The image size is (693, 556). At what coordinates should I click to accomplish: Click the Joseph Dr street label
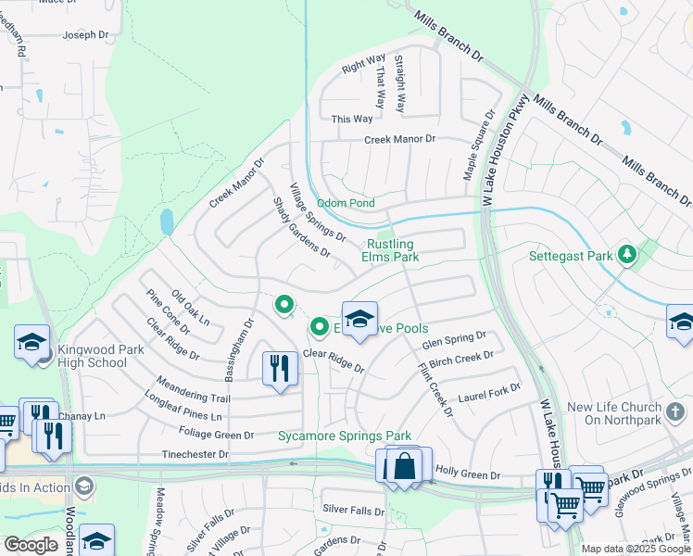pyautogui.click(x=86, y=36)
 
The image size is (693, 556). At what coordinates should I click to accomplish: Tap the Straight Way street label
pyautogui.click(x=399, y=84)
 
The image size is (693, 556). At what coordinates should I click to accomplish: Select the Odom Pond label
pyautogui.click(x=346, y=203)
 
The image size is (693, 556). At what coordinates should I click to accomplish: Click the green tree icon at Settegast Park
pyautogui.click(x=628, y=254)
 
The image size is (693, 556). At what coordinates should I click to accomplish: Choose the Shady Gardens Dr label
pyautogui.click(x=301, y=227)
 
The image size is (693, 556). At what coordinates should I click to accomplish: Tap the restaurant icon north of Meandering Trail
pyautogui.click(x=278, y=369)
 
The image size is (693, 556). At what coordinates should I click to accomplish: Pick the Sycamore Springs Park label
pyautogui.click(x=344, y=436)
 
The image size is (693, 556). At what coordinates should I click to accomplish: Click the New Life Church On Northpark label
pyautogui.click(x=611, y=414)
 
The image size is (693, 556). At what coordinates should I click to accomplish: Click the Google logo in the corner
pyautogui.click(x=31, y=545)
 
